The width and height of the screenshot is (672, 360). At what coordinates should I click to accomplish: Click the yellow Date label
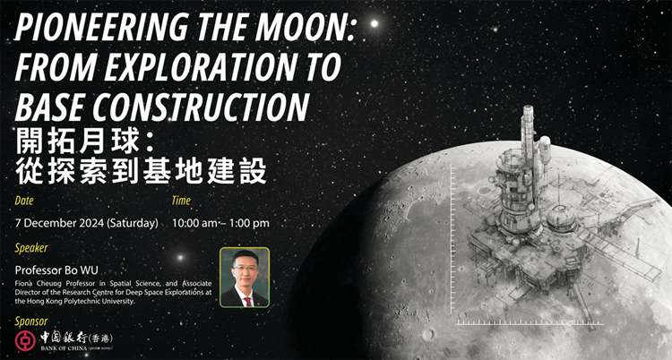click(x=27, y=201)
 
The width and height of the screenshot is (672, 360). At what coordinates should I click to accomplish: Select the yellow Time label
click(x=182, y=201)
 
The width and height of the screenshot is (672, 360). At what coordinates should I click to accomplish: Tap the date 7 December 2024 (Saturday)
click(x=87, y=222)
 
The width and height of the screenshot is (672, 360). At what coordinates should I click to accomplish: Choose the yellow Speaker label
click(x=32, y=248)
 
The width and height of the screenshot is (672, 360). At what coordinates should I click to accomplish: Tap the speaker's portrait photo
click(x=244, y=278)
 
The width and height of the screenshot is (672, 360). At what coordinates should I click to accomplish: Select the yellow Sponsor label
click(x=32, y=321)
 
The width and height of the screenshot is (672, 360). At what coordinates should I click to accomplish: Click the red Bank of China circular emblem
click(x=25, y=341)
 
